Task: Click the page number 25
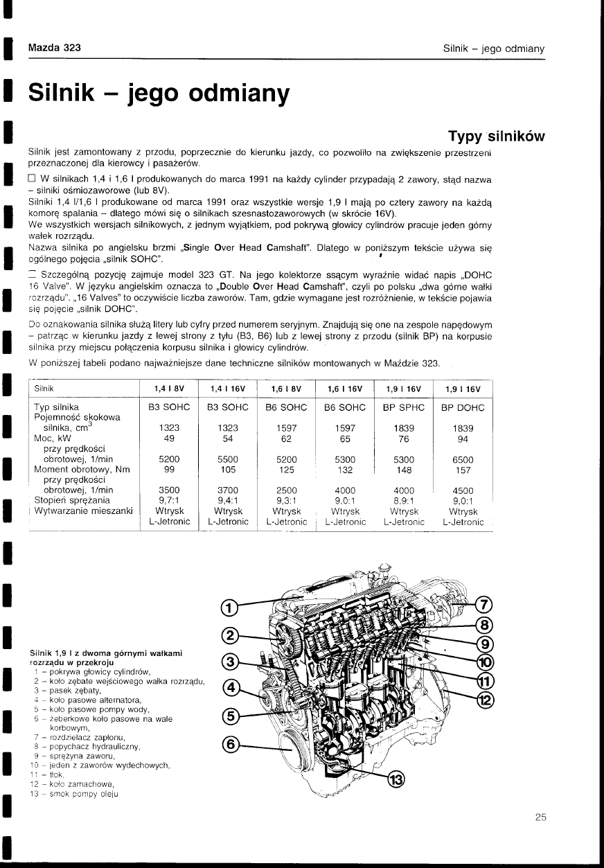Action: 541,817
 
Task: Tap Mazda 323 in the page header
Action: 55,48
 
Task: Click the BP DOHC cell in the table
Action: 463,407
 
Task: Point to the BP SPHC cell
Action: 404,407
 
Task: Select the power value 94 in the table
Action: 463,438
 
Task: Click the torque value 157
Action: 463,469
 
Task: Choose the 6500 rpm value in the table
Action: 463,459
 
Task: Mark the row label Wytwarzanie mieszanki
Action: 83,511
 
